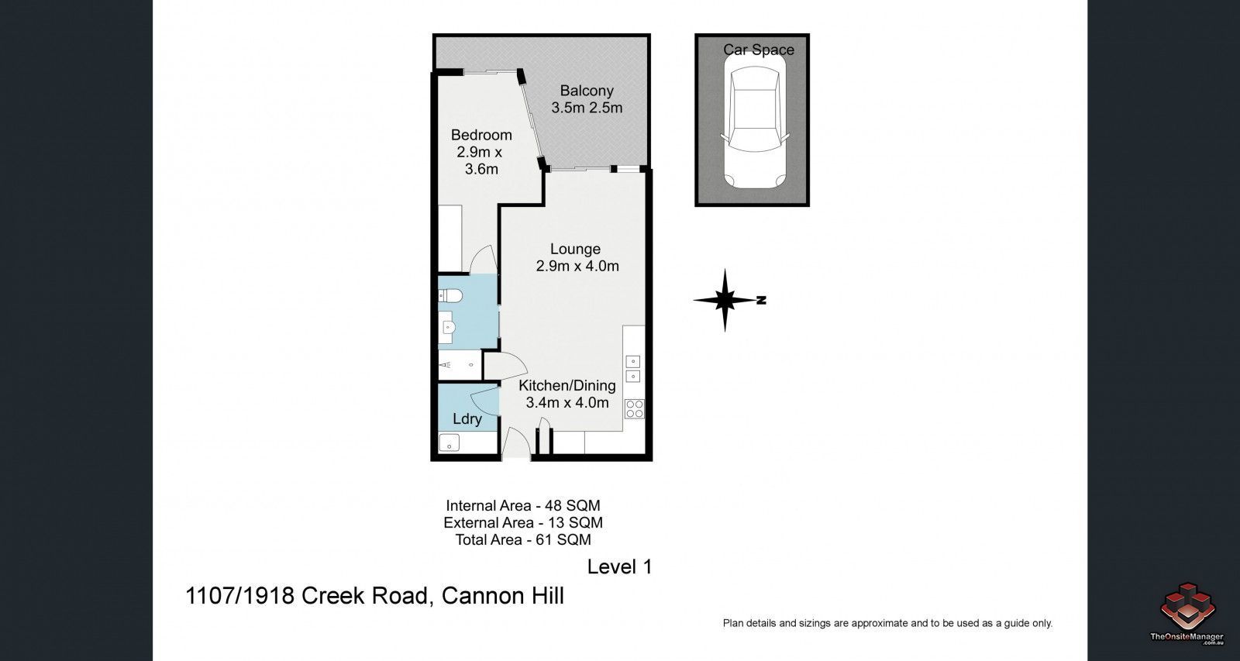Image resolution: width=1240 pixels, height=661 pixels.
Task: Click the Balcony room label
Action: pos(587,91)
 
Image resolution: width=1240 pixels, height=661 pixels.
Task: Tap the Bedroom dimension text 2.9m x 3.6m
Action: pos(480,160)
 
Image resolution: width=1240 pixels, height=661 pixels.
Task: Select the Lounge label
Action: pos(575,249)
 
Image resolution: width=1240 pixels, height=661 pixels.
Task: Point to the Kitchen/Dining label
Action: pos(567,386)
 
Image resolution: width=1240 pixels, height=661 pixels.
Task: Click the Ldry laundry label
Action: pos(467,419)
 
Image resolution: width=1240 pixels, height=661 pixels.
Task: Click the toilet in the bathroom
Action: pos(450,295)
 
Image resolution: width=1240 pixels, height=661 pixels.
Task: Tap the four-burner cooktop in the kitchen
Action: pos(634,408)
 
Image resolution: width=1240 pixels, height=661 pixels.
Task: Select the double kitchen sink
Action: pos(633,368)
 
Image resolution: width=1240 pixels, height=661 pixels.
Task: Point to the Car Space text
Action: pos(758,50)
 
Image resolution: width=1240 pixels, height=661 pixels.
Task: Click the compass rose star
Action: pos(725,300)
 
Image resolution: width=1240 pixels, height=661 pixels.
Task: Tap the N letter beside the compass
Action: pos(761,300)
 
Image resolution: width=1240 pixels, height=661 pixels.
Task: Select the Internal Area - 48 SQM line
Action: pos(522,506)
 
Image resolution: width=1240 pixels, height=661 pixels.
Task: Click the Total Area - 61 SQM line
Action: pos(522,540)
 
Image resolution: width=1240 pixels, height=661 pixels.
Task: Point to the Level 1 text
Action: pos(619,566)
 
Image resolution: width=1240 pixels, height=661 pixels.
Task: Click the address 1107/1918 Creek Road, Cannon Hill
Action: pos(374,596)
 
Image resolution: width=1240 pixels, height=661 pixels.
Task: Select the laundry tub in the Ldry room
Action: pos(449,443)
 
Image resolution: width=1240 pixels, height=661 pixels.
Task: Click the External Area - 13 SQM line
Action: pos(522,523)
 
